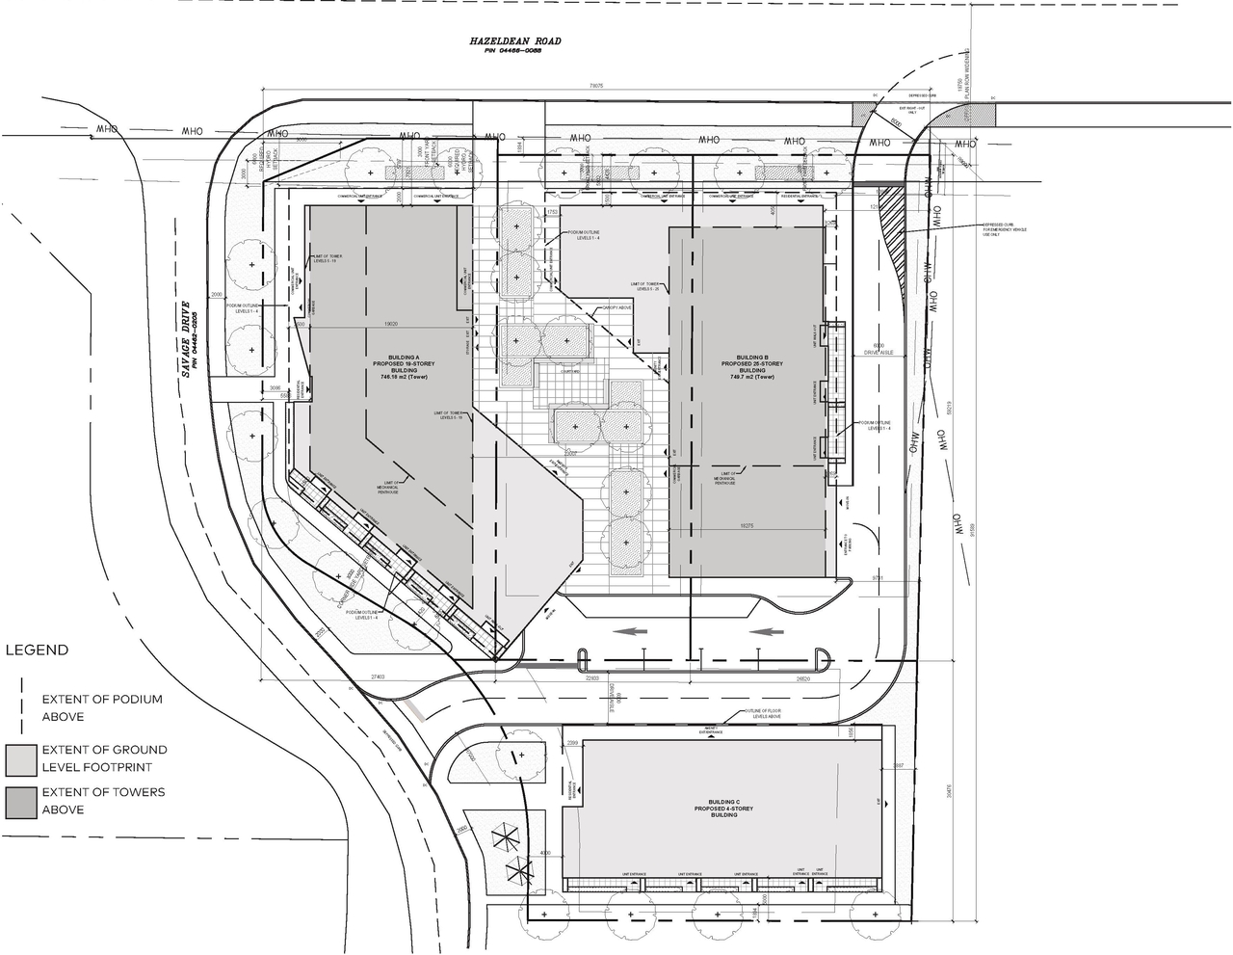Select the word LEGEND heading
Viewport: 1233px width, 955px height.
(38, 650)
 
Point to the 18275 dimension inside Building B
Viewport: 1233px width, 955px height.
(751, 526)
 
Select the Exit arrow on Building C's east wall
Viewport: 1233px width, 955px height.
(878, 802)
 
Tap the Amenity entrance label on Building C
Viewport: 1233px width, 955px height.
(713, 731)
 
